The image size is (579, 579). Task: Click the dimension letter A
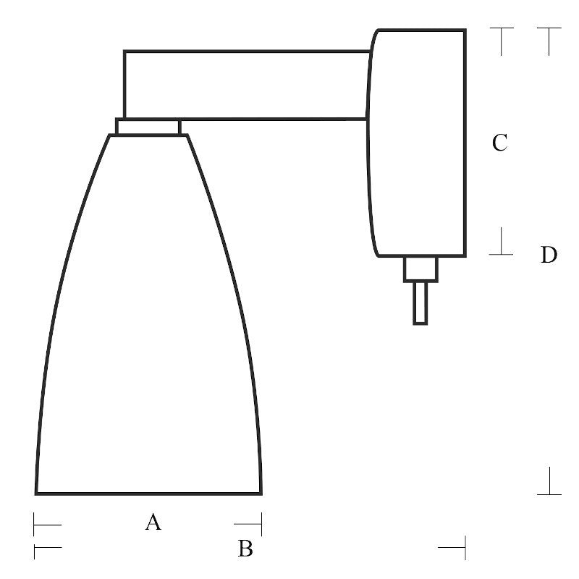click(x=153, y=521)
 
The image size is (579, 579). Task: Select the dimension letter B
click(x=245, y=549)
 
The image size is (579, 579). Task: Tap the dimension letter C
click(x=499, y=143)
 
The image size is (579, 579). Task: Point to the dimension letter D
click(x=549, y=255)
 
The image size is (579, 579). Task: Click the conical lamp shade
click(x=148, y=326)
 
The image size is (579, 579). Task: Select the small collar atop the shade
click(x=148, y=127)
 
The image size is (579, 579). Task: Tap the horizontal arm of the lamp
click(x=246, y=85)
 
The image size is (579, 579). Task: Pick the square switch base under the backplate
click(x=420, y=269)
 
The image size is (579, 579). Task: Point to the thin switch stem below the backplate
click(x=420, y=303)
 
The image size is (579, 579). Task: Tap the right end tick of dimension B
click(x=464, y=548)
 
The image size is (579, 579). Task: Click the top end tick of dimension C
click(x=502, y=29)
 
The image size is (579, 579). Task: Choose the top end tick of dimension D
click(x=549, y=29)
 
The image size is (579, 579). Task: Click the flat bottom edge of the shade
click(x=148, y=494)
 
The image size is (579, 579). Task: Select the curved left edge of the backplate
click(x=368, y=145)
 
